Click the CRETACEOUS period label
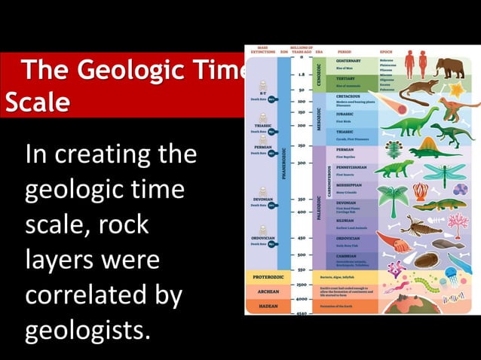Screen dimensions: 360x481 pyautogui.click(x=350, y=97)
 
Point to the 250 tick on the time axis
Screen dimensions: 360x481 pyautogui.click(x=302, y=145)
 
